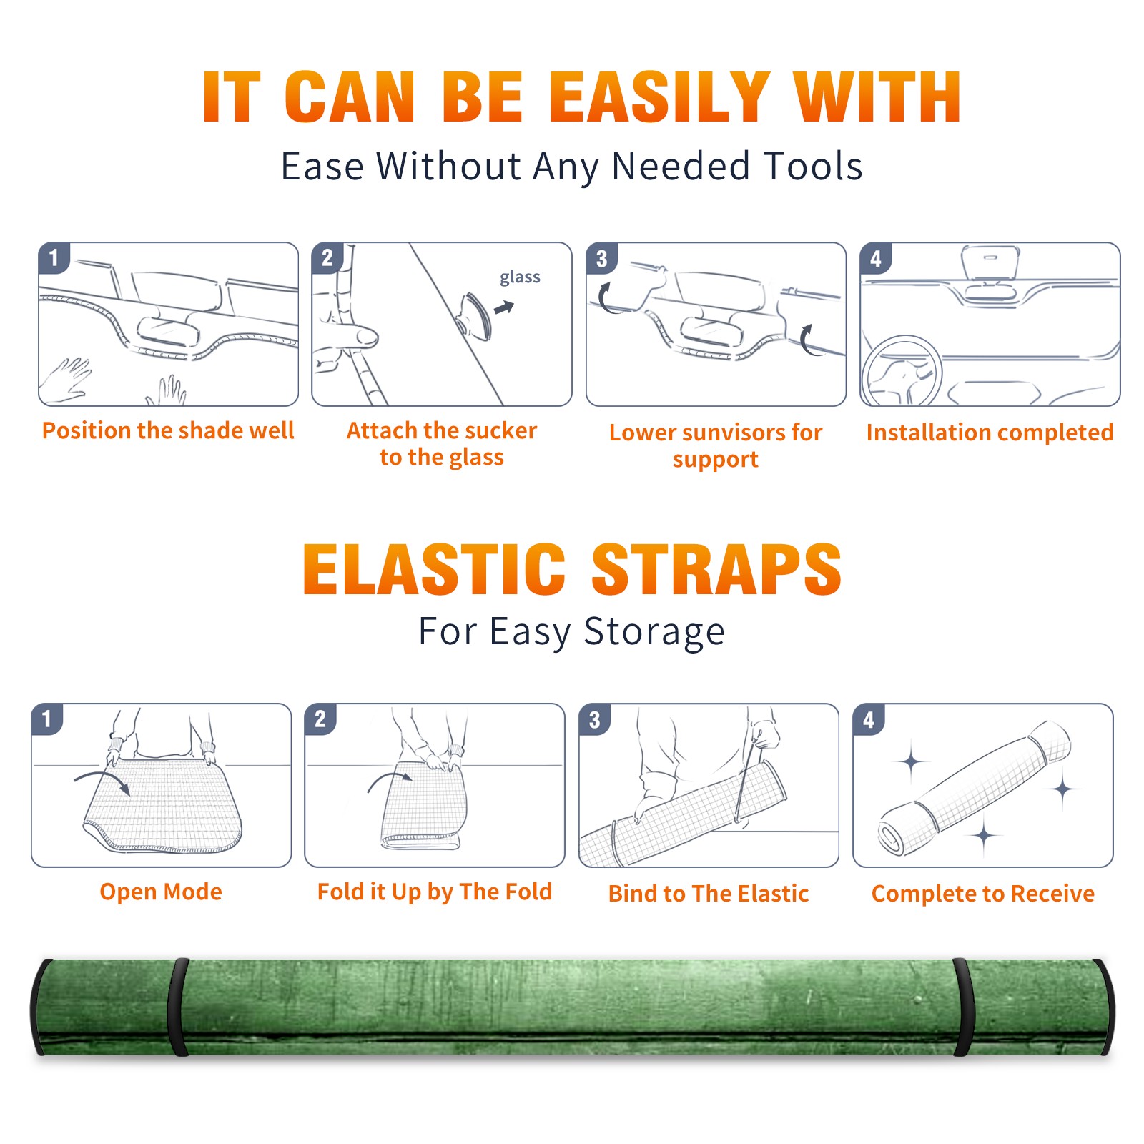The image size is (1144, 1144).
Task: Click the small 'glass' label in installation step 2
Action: point(520,277)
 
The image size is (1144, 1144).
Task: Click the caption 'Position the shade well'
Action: point(168,430)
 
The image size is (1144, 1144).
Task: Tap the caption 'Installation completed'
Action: point(990,432)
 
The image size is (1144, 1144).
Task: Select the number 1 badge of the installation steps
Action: point(54,257)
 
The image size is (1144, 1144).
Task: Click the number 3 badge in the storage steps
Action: point(594,719)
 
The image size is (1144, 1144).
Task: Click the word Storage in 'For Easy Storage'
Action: point(654,632)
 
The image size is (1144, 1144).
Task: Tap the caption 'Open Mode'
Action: point(161,892)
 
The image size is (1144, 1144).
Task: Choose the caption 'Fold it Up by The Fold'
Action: point(435,892)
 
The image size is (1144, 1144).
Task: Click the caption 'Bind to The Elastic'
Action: point(709,894)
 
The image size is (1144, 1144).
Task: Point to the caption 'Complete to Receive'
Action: point(983,894)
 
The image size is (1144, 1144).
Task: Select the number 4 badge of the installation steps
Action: point(875,257)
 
